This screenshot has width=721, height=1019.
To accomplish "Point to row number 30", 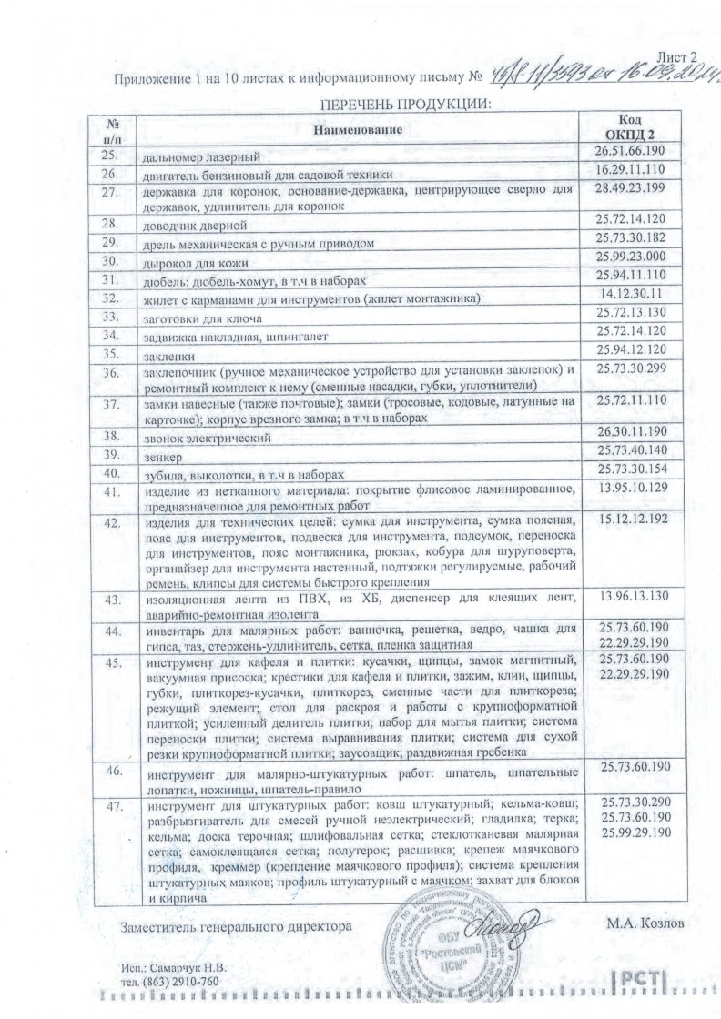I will click(x=113, y=259).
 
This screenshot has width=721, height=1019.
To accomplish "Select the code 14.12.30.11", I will click(x=631, y=296).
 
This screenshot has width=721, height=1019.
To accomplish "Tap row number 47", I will click(x=113, y=805).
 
